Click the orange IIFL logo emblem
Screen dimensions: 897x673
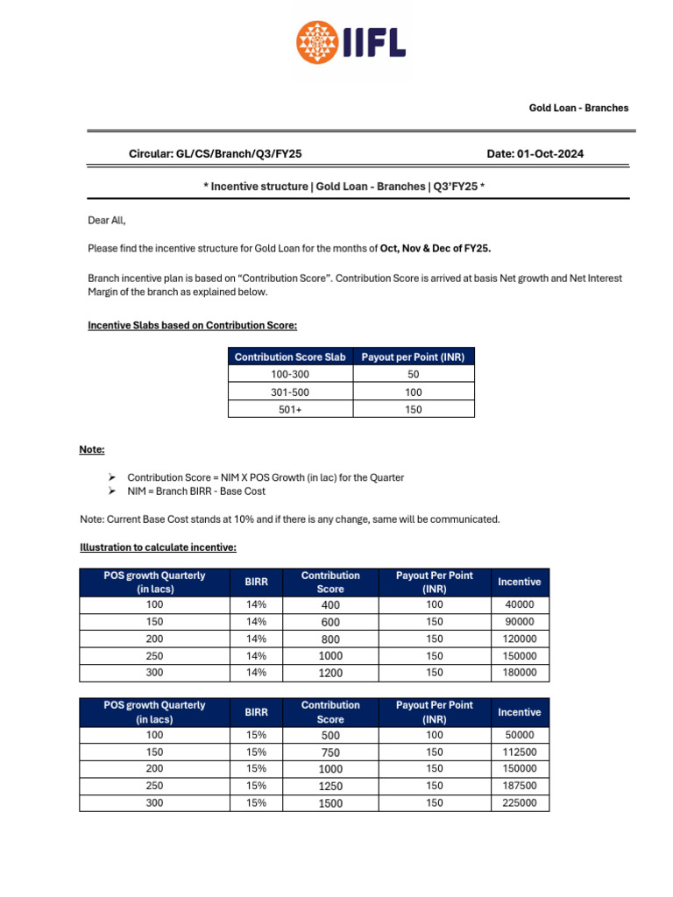[x=317, y=43]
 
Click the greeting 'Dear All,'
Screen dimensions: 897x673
[x=107, y=221]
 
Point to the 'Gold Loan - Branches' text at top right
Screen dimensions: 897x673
[x=578, y=108]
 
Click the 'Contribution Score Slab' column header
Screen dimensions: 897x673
[x=290, y=357]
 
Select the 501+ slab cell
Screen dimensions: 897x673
[x=290, y=409]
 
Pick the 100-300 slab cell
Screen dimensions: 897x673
[x=290, y=374]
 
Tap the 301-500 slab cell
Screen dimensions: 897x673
[x=290, y=392]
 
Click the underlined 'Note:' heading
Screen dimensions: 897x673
[x=92, y=449]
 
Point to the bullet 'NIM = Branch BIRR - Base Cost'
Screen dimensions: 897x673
[x=196, y=491]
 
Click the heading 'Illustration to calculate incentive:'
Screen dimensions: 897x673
[x=158, y=547]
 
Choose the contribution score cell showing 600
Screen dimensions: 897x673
[x=330, y=622]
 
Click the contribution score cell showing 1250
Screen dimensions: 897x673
[x=330, y=786]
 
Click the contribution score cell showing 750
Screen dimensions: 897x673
[x=330, y=752]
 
